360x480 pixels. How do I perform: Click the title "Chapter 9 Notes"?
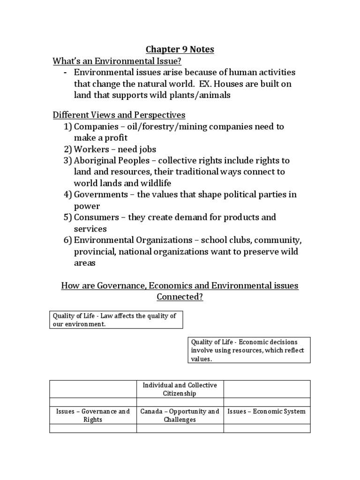pos(180,50)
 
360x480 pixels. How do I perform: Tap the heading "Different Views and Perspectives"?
pos(119,115)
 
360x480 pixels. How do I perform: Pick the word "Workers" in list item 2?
pos(92,150)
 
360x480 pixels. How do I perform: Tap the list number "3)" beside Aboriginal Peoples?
pos(68,161)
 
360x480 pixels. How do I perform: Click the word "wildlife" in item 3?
pos(155,183)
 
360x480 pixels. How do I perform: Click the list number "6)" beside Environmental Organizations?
pos(68,240)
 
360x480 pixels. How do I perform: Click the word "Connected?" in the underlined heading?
pos(180,297)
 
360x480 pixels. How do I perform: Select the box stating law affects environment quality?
pos(116,320)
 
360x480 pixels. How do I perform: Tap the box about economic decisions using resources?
pos(249,350)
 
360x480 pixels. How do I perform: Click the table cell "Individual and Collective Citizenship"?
pos(180,389)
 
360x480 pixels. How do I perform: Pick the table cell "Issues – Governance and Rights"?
pos(93,415)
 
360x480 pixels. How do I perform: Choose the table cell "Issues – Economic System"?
pos(267,412)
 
